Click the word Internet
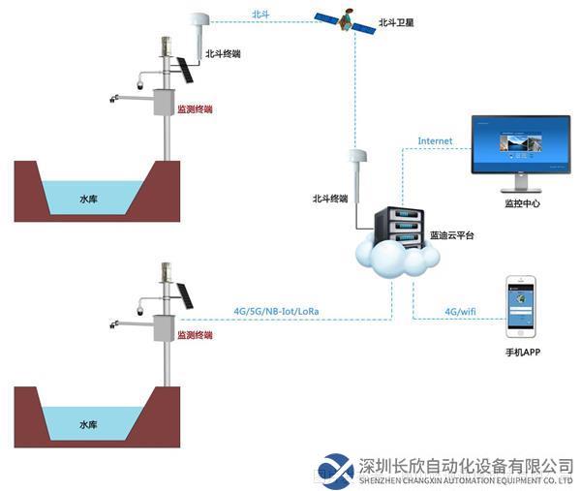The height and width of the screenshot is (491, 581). [x=435, y=141]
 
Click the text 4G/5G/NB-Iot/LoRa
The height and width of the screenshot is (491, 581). [x=276, y=311]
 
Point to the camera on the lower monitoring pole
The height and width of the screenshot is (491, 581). [x=141, y=311]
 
